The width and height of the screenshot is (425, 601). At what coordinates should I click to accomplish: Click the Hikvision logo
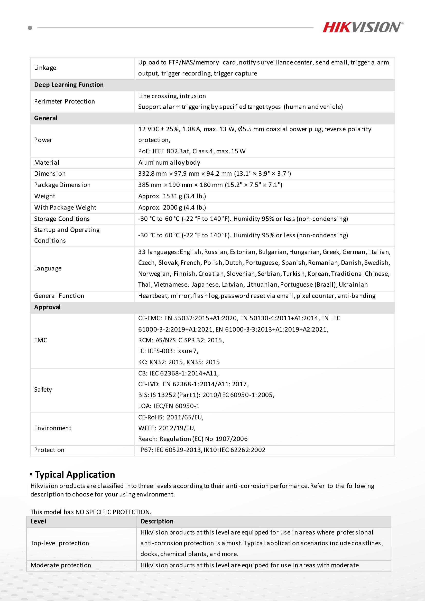[363, 27]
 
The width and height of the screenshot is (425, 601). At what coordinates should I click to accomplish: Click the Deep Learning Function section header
[69, 85]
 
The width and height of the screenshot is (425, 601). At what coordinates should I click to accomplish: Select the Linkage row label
[45, 68]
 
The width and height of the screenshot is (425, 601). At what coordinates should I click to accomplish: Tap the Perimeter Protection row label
[64, 101]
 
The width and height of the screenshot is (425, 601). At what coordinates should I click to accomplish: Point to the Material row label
[47, 163]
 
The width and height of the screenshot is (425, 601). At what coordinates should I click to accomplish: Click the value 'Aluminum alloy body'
[169, 163]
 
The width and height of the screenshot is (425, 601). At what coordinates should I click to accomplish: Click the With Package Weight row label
[65, 208]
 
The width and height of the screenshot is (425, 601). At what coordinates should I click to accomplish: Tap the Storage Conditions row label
[62, 219]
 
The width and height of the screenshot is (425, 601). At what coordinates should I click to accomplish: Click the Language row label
[48, 269]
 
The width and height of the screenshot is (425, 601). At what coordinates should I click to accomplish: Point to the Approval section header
[47, 307]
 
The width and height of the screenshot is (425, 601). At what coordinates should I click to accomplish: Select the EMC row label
[41, 340]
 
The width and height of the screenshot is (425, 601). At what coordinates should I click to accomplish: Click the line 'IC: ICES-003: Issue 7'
[168, 351]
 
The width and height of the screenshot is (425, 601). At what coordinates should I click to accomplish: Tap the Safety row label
[43, 390]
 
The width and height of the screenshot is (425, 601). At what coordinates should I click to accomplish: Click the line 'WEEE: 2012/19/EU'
[167, 428]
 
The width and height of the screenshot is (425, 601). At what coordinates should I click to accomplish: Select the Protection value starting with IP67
[202, 450]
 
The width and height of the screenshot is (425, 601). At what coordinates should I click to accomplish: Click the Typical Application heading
[75, 475]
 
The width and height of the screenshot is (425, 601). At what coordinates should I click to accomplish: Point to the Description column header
[157, 521]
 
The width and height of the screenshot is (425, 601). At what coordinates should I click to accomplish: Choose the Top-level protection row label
[60, 543]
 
